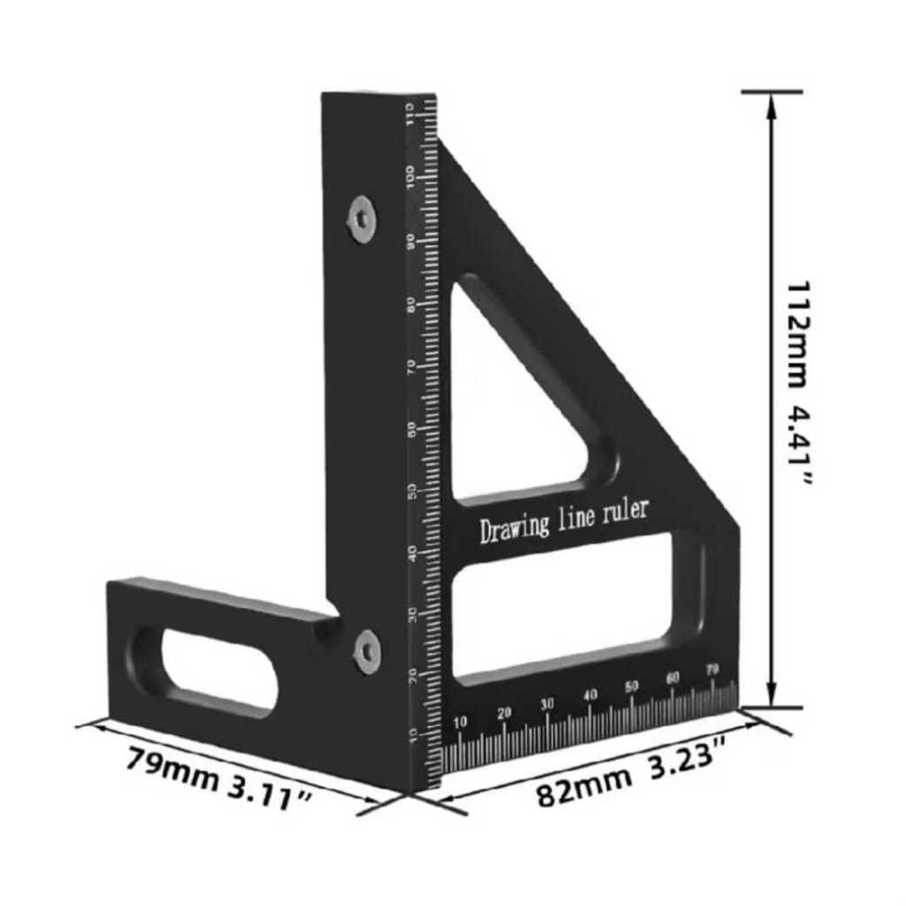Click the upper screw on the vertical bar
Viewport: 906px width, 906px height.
(361, 218)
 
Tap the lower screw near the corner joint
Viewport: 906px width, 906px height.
(367, 651)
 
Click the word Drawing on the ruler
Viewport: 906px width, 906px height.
(512, 527)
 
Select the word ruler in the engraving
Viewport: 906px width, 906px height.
(625, 511)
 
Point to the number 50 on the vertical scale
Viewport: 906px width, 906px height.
(411, 491)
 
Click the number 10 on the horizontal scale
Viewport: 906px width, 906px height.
(460, 723)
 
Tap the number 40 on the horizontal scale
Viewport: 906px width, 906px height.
(589, 695)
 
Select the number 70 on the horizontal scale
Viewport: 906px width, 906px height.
(712, 670)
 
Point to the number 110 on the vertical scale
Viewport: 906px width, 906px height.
(411, 113)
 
